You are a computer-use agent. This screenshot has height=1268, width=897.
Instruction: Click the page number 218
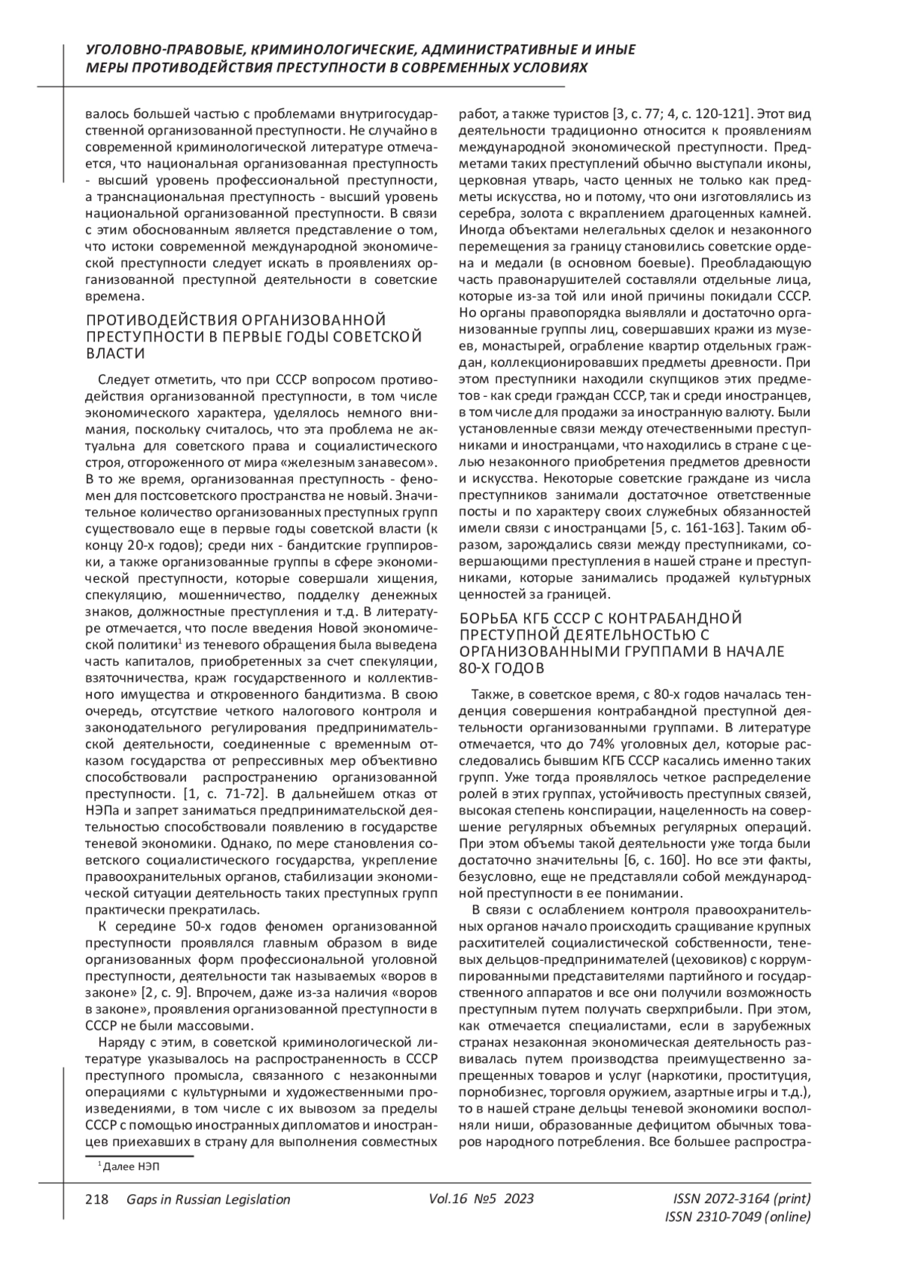97,1199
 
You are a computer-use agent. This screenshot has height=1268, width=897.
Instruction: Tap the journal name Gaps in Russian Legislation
209,1199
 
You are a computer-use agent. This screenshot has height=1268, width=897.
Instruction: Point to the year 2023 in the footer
520,1199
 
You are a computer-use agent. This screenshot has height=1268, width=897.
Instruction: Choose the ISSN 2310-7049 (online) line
737,1217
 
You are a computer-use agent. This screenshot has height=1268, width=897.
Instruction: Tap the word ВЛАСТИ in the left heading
115,353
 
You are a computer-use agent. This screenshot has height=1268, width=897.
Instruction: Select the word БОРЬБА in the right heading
487,618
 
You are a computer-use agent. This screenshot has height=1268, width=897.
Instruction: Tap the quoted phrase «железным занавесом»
372,463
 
